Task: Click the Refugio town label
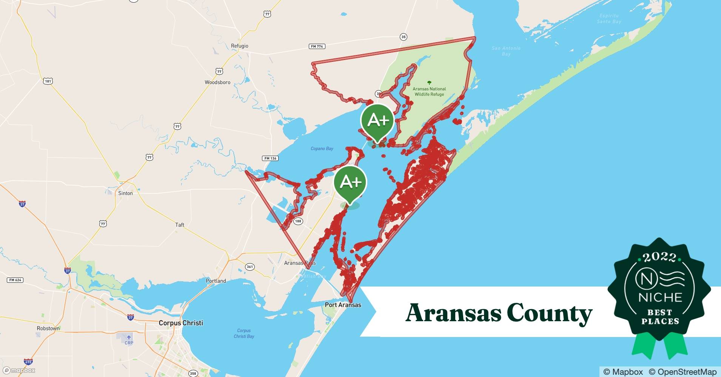(x=239, y=46)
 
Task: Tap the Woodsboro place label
(x=217, y=82)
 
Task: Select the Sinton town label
(x=125, y=193)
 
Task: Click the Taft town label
(x=180, y=225)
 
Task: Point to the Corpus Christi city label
(x=181, y=323)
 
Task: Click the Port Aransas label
(x=343, y=305)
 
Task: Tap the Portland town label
(x=216, y=281)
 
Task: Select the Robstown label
(x=48, y=328)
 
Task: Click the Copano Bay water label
(x=322, y=149)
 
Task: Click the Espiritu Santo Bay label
(x=609, y=18)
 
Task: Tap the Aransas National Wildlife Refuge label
(x=429, y=92)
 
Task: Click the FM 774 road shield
(x=317, y=46)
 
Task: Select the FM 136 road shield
(x=270, y=158)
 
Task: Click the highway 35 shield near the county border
(x=404, y=37)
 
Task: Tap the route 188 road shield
(x=298, y=221)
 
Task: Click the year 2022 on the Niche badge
(x=659, y=257)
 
